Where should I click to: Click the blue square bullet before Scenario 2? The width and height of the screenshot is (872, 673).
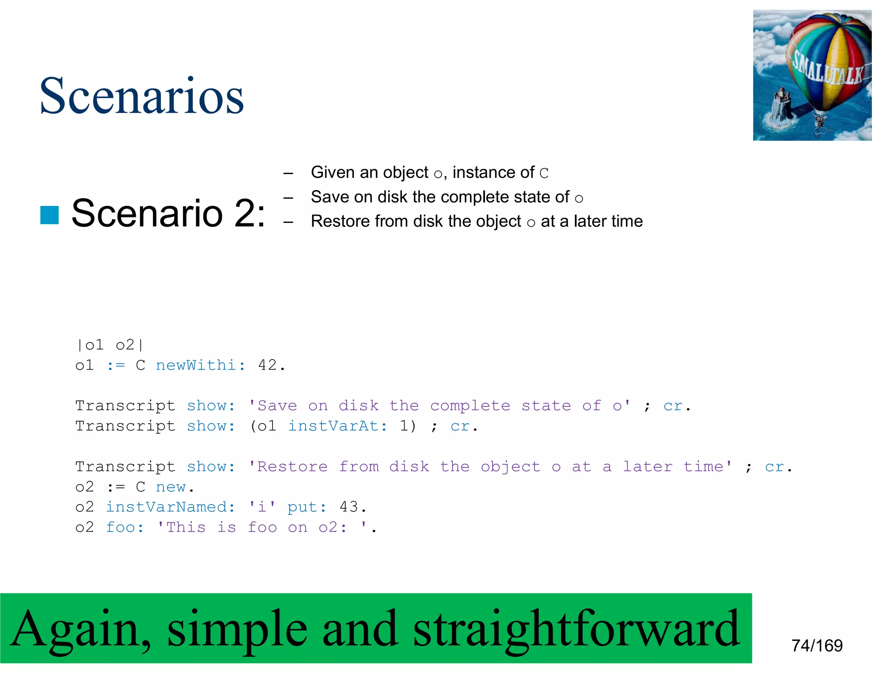tap(49, 215)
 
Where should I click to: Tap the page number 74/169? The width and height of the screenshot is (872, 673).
tap(817, 645)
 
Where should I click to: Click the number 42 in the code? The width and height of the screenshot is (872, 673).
tap(267, 365)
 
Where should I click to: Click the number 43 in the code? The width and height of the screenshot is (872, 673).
tap(349, 507)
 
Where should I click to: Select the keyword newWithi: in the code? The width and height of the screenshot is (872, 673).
tap(201, 365)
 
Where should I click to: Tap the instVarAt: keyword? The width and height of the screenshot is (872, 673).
tap(338, 426)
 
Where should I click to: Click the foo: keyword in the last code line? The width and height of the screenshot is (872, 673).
tap(125, 527)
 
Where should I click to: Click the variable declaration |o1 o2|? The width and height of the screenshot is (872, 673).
tap(110, 345)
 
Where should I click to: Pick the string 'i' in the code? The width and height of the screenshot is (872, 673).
tap(262, 507)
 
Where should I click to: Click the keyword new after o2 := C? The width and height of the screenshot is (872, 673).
tap(171, 487)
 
